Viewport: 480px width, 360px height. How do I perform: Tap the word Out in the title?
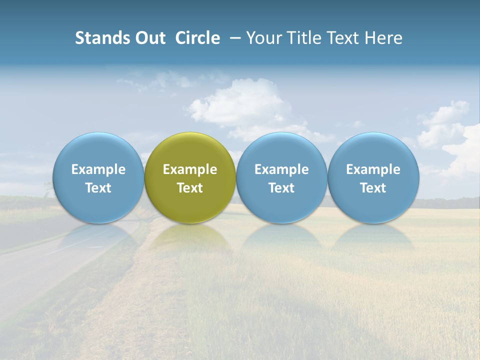point(149,38)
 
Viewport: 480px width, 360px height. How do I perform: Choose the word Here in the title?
point(384,38)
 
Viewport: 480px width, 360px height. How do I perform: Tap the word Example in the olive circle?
point(190,169)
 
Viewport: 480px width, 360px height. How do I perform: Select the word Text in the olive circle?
point(190,188)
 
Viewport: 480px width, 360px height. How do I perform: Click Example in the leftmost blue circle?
point(98,169)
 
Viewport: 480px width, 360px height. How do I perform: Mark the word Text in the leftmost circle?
point(98,188)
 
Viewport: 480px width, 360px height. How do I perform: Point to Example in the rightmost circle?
point(373,169)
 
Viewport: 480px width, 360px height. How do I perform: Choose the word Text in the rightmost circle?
point(373,188)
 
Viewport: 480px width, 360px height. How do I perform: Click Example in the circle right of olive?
point(281,169)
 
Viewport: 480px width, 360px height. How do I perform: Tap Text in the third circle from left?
point(281,188)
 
